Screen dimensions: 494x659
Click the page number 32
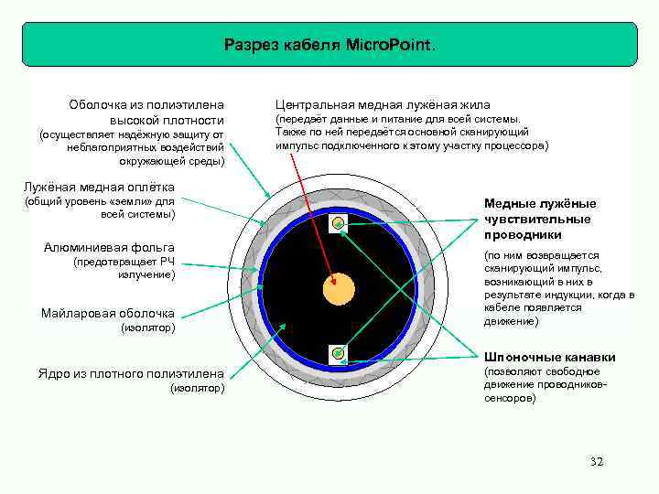(x=597, y=461)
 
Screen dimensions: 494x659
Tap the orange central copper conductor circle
(x=339, y=290)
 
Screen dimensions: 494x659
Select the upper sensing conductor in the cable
(x=339, y=222)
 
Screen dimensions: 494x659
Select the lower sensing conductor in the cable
(x=339, y=352)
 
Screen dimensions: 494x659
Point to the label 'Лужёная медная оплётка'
(x=100, y=187)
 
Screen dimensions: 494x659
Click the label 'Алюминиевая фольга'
(x=109, y=247)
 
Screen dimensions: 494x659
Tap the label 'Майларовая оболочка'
(x=108, y=313)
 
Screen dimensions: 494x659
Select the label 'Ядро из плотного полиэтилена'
(x=131, y=373)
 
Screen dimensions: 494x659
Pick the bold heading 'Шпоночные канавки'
(x=536, y=357)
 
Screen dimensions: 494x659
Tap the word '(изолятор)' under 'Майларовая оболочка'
(x=147, y=328)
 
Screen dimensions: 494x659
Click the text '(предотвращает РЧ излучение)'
(x=124, y=268)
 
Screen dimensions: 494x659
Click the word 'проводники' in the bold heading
(x=522, y=235)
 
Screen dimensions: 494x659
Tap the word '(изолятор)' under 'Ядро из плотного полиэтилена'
(x=198, y=389)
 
